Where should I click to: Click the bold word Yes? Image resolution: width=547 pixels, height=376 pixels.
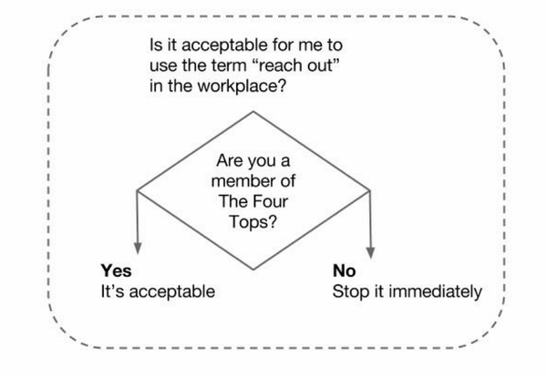point(116,270)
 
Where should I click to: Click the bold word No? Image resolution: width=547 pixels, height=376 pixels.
point(345,270)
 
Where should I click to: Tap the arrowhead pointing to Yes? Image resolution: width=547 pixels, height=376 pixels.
point(138,248)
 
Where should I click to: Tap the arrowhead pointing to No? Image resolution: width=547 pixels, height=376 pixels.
point(370,253)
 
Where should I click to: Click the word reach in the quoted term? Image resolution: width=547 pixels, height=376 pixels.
point(275,66)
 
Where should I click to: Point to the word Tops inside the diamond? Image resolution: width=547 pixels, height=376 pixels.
point(253,221)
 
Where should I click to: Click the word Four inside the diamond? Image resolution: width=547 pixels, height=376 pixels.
point(271,201)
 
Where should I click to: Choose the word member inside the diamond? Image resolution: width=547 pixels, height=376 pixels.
point(237,181)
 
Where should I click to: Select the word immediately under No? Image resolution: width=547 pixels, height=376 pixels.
point(436,292)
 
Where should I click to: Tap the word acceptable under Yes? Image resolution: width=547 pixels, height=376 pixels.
point(172,291)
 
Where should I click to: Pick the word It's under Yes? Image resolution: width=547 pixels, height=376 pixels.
point(112,291)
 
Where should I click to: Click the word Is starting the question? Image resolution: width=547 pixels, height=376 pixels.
point(155,46)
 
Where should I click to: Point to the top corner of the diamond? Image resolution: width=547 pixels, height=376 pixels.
point(253,111)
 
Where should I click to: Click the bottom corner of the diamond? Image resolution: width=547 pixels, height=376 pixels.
point(253,269)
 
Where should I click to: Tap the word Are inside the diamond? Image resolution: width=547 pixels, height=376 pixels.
point(229,160)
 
